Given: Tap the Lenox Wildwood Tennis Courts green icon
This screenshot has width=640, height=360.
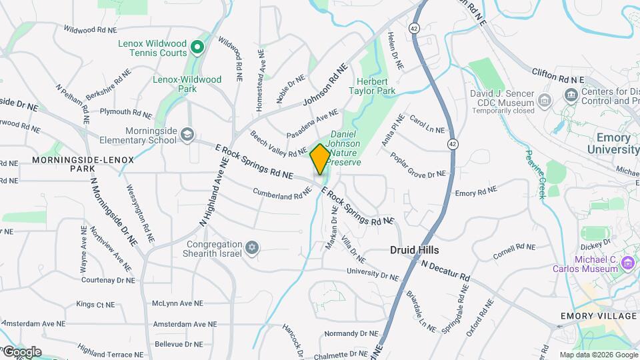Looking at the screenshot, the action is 197,47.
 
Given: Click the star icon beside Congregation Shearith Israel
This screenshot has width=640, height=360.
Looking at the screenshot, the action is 251,248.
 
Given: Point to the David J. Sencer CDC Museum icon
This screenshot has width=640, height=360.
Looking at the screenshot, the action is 545,101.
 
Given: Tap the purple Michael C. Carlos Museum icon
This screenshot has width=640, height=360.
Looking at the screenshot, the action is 627,263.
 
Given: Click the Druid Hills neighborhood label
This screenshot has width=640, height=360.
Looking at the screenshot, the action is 415,250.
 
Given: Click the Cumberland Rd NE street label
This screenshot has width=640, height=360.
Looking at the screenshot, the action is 282,193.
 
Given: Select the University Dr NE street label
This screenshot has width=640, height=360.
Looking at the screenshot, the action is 372,274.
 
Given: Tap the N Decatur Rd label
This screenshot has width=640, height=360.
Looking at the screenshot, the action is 445,270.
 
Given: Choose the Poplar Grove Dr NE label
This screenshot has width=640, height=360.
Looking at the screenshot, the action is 417,165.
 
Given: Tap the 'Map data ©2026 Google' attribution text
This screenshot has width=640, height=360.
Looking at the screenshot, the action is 598,355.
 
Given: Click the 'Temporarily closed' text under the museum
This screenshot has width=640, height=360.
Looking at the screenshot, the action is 503,111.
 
